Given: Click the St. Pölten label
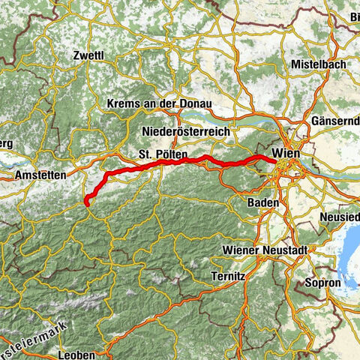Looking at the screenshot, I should point(157,154).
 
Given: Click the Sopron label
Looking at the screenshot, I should point(323,283).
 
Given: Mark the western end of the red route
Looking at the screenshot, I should point(87,202).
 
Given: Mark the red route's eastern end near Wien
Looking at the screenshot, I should point(269,158).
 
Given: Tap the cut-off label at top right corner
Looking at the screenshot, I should point(352,16).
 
